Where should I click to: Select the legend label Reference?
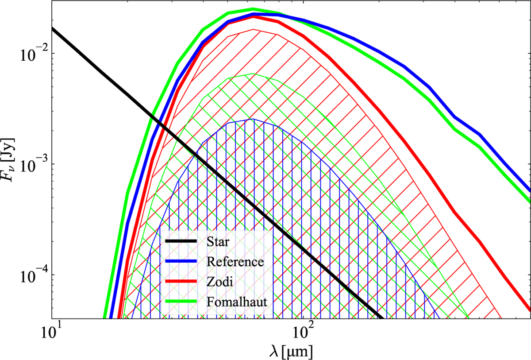coord(235,262)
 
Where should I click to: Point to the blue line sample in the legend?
coord(181,262)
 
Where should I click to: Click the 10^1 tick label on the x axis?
coord(52,331)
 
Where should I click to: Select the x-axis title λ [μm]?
coord(291,350)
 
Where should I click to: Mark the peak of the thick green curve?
coord(253,9)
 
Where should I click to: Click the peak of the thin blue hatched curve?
coord(253,119)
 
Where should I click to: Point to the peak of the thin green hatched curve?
coord(253,74)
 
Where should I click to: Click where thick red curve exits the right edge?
coord(529,308)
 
